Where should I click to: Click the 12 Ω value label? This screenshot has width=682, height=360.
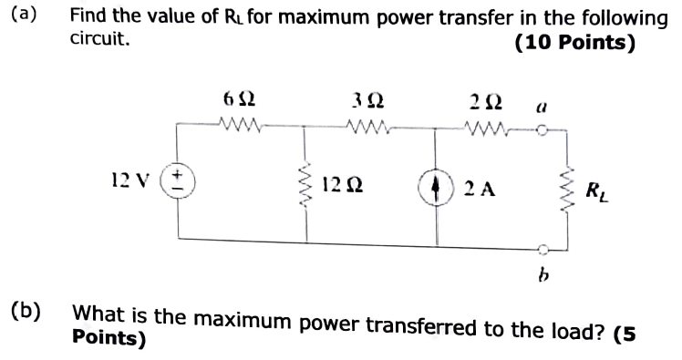(x=338, y=188)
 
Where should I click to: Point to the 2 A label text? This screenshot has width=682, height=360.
(x=478, y=189)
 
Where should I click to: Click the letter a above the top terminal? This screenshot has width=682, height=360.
(x=540, y=105)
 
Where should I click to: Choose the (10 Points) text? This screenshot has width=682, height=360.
(x=574, y=42)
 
